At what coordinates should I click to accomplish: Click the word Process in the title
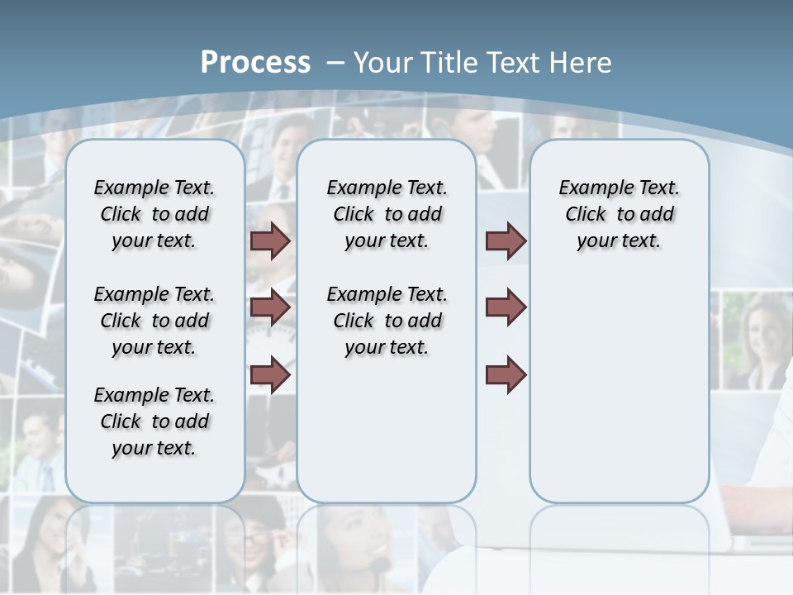[x=255, y=62]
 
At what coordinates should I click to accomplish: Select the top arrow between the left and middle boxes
[x=270, y=240]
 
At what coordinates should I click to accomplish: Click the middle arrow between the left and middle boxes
[x=270, y=307]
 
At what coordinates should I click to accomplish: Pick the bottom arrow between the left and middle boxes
[x=270, y=374]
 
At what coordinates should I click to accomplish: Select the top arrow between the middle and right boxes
[x=506, y=240]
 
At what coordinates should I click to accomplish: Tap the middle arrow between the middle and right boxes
[x=506, y=307]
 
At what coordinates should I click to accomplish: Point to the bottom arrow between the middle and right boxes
[x=506, y=374]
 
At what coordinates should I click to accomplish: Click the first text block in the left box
[x=154, y=214]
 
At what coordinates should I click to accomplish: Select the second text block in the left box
[x=154, y=321]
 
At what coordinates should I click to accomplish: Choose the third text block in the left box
[x=154, y=421]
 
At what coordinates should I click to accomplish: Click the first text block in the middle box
[x=387, y=214]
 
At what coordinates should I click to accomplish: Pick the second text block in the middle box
[x=387, y=321]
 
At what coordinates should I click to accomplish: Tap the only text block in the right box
[x=619, y=214]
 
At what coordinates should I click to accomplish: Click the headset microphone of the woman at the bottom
[x=379, y=564]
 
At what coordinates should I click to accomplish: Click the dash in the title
[x=336, y=63]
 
